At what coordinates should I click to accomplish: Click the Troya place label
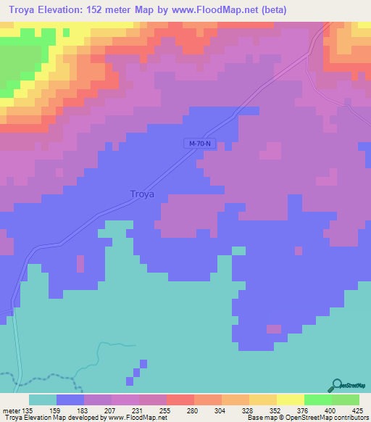point(143,194)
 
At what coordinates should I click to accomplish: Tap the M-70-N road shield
point(200,144)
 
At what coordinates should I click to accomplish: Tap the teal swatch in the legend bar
point(43,400)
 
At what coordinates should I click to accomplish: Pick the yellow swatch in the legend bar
point(290,400)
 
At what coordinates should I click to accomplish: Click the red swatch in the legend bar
point(180,400)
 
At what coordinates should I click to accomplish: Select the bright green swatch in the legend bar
point(317,400)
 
